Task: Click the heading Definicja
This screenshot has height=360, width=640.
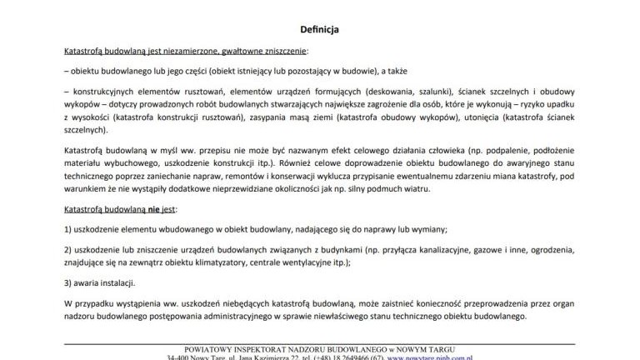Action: point(320,29)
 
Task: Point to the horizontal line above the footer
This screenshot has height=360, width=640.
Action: point(320,340)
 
